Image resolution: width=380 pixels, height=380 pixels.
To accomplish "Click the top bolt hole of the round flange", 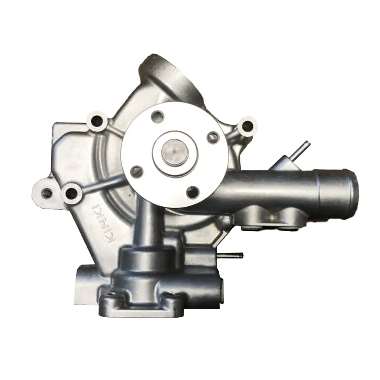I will (x=157, y=116).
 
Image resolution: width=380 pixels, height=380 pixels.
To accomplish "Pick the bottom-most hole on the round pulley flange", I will (x=193, y=191).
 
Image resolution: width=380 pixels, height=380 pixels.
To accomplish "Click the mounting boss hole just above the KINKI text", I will (x=72, y=194).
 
